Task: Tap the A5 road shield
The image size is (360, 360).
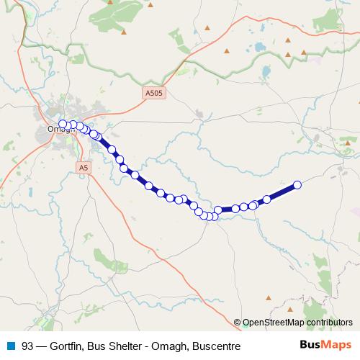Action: click(x=84, y=167)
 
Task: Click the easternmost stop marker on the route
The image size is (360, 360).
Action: click(x=297, y=185)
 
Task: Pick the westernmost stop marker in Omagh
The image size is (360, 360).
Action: click(x=63, y=124)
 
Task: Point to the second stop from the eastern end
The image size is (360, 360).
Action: click(x=267, y=199)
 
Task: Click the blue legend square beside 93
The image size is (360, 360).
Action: click(x=10, y=346)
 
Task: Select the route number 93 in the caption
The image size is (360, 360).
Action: click(x=28, y=346)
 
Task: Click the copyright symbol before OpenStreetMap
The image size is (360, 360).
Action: click(x=238, y=323)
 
